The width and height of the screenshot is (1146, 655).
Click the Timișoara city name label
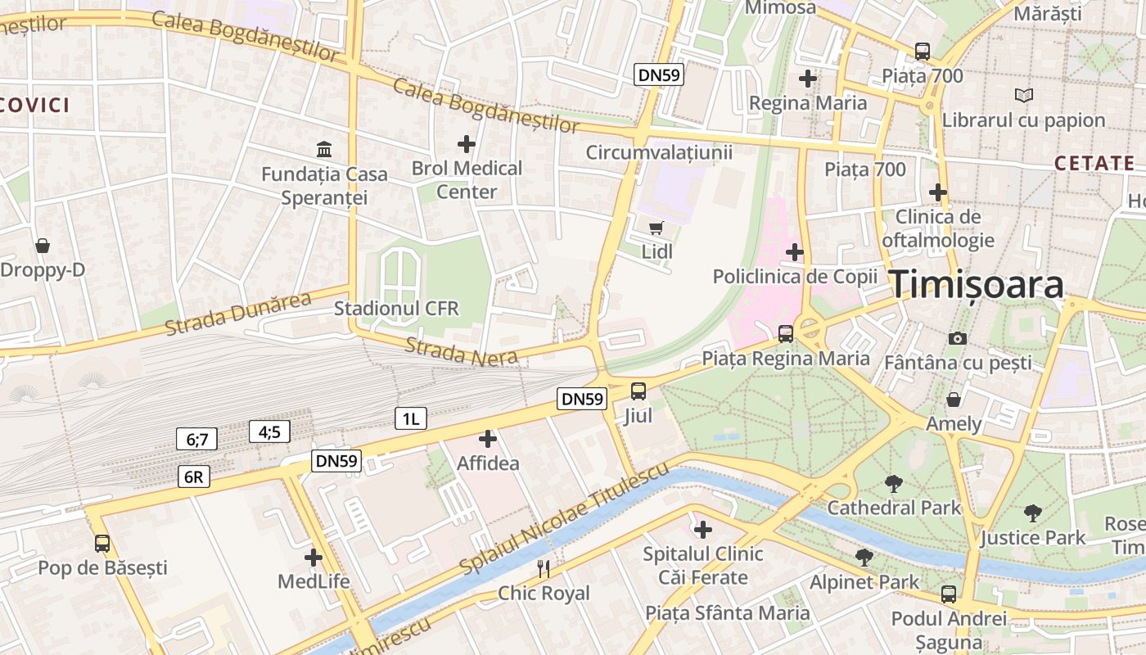977,284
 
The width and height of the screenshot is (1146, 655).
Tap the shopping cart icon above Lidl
656,228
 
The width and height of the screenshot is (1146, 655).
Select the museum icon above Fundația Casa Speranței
324,150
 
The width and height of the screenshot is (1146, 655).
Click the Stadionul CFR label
396,309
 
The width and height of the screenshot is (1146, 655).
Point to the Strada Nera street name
461,350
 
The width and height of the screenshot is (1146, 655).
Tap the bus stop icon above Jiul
638,391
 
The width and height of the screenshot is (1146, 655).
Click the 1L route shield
410,418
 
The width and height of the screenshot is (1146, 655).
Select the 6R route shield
194,477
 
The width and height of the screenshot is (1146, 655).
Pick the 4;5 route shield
269,431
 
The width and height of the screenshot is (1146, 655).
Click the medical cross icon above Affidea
488,439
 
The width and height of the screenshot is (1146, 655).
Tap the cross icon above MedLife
314,558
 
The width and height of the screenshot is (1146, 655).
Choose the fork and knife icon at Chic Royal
544,568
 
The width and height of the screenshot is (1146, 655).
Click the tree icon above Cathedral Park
894,484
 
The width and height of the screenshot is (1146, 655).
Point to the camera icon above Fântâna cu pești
957,337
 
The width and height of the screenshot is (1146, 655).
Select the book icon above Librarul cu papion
1023,95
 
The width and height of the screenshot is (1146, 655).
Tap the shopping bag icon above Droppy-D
42,246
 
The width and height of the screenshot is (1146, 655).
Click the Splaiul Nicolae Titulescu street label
564,518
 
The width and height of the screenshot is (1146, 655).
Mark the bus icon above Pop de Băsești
102,543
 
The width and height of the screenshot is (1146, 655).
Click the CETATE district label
1094,163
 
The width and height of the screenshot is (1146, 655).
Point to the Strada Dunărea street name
238,314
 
